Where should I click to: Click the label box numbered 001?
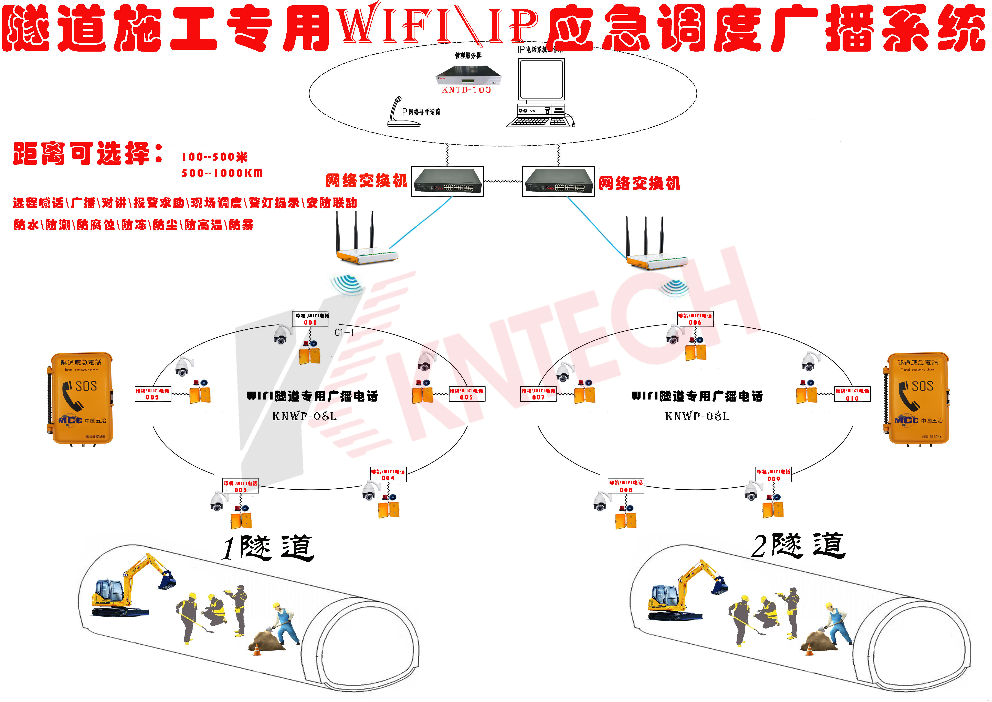[x=310, y=319]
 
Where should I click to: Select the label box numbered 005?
[x=467, y=394]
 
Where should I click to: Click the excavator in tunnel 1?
[x=130, y=588]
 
